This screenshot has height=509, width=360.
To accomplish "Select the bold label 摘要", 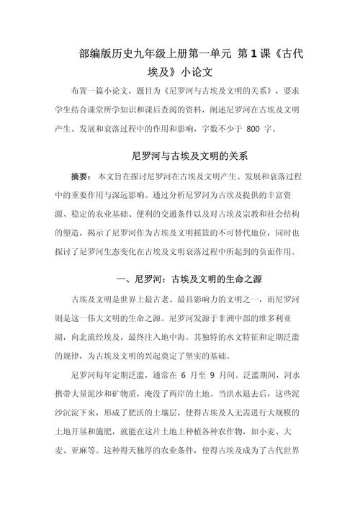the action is click(81, 176).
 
